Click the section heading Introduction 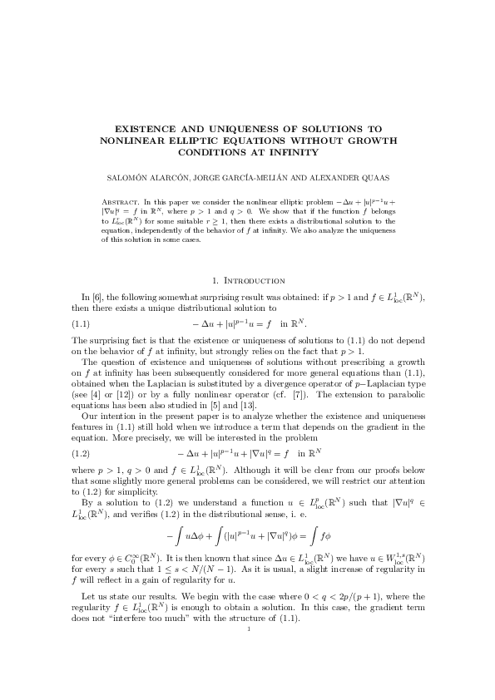pos(253,281)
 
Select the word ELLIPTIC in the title pos(211,140)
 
